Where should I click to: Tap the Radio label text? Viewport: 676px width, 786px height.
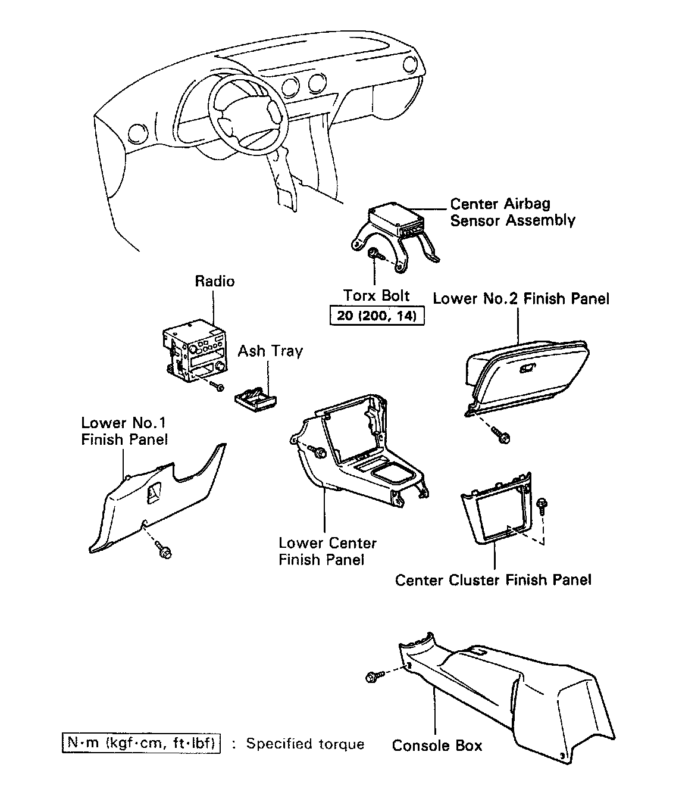point(215,281)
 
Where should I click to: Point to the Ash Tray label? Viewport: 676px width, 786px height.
point(270,351)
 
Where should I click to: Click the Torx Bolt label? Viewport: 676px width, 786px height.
point(377,295)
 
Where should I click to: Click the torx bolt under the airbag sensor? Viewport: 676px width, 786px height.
point(375,254)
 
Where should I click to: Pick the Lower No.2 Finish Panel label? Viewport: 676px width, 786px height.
point(521,298)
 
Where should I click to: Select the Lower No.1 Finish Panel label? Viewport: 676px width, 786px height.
point(124,431)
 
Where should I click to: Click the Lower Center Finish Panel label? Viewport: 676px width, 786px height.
point(327,551)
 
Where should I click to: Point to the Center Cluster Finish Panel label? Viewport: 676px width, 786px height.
point(493,579)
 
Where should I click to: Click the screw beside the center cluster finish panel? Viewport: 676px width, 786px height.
point(542,505)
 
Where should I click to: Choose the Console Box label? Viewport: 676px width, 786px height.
point(437,746)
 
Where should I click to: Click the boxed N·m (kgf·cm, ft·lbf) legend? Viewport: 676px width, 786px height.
point(141,744)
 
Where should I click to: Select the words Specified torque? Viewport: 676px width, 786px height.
point(305,744)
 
